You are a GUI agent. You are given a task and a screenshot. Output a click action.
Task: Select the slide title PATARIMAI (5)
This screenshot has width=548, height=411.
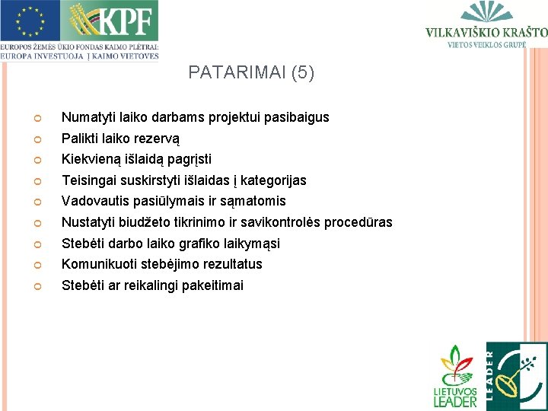click(251, 73)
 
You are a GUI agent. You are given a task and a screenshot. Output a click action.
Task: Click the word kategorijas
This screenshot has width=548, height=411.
click(273, 180)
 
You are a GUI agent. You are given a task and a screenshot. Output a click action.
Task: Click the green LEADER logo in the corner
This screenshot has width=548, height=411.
click(516, 376)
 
